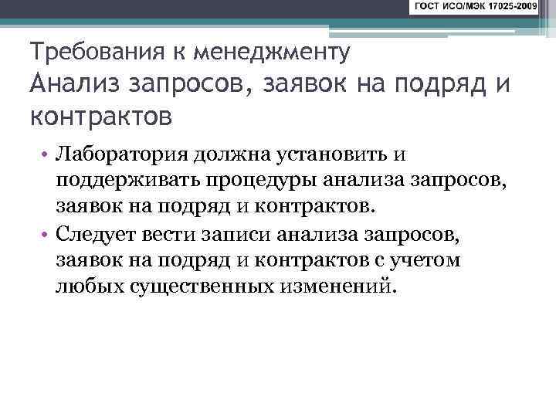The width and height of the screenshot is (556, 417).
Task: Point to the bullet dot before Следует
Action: point(46,235)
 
